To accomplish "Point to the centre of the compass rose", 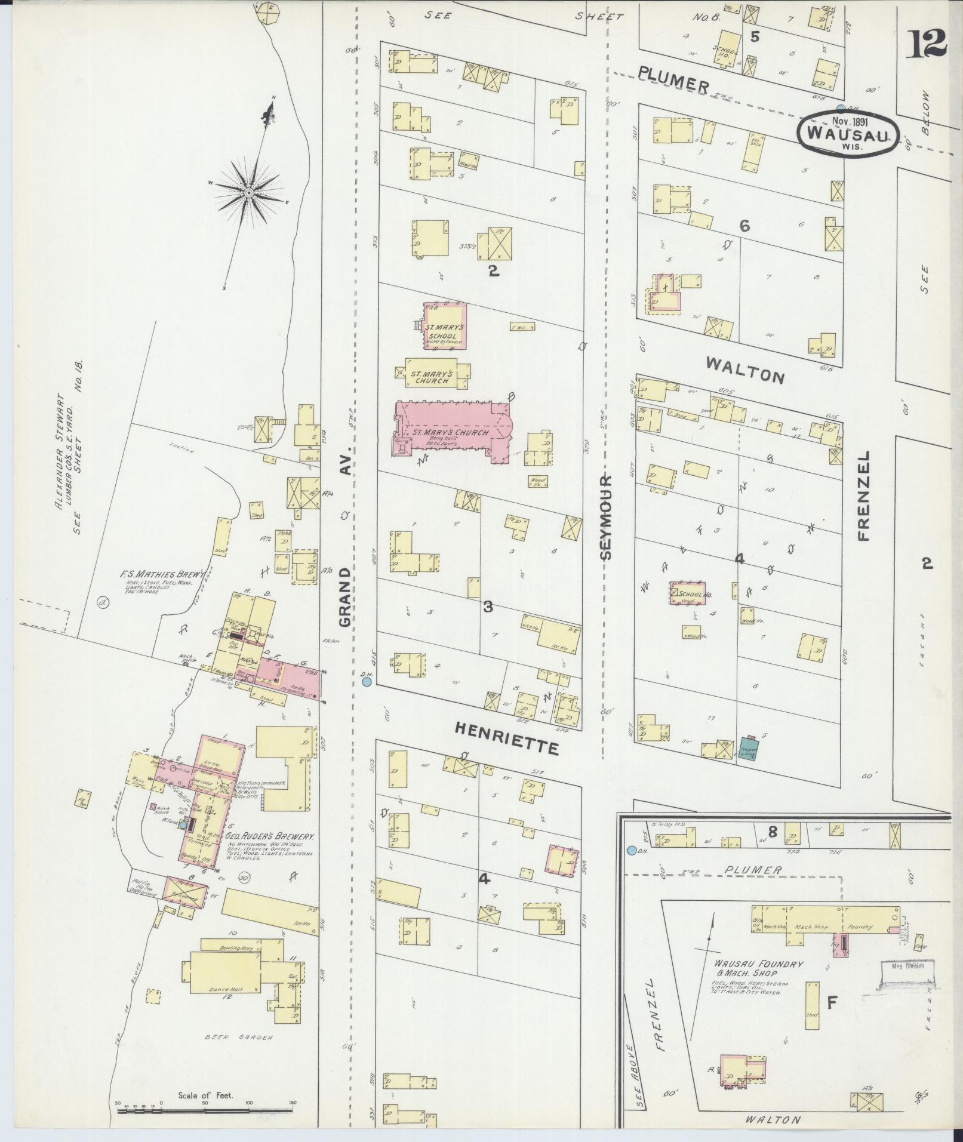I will point(248,192).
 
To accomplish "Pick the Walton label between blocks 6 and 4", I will point(744,369).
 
